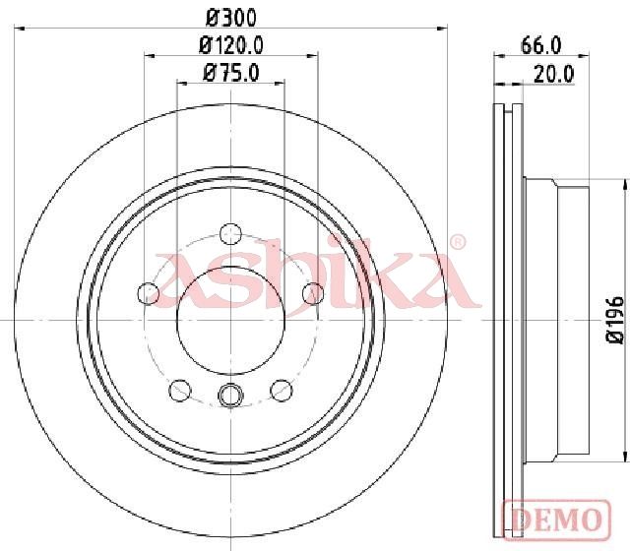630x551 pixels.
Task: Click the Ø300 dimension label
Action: pyautogui.click(x=230, y=18)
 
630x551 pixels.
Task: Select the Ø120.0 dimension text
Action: pyautogui.click(x=231, y=45)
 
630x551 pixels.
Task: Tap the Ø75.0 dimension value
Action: pyautogui.click(x=231, y=73)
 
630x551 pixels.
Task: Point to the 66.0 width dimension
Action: pyautogui.click(x=540, y=45)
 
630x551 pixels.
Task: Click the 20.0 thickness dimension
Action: pyautogui.click(x=554, y=74)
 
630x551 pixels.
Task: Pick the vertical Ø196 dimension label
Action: pyautogui.click(x=615, y=320)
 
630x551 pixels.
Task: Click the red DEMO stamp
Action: pyautogui.click(x=557, y=520)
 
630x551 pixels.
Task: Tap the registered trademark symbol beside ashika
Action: pyautogui.click(x=457, y=242)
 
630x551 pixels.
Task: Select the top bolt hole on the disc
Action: pyautogui.click(x=231, y=234)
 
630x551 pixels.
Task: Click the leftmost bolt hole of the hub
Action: pyautogui.click(x=149, y=293)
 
